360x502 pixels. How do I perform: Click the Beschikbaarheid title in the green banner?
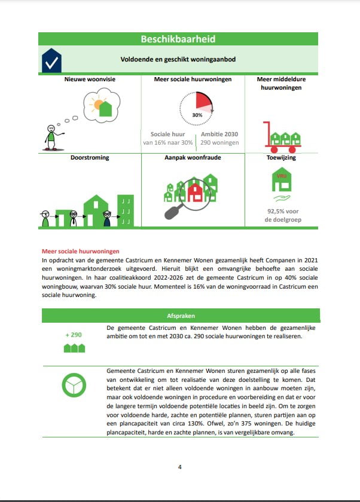click(178, 39)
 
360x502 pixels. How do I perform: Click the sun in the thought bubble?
click(97, 105)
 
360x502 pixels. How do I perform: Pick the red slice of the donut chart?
click(205, 101)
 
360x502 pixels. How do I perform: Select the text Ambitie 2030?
click(219, 134)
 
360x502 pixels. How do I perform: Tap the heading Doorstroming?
click(89, 158)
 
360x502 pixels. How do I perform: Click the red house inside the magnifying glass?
click(196, 192)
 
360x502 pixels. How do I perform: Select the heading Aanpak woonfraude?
click(193, 158)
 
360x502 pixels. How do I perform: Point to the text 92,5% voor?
click(281, 211)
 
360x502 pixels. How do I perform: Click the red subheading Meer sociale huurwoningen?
click(80, 252)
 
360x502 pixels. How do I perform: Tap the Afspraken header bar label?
click(180, 315)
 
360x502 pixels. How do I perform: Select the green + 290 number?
click(74, 335)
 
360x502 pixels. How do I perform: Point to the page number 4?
click(179, 467)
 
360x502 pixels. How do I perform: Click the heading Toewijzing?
click(281, 158)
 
